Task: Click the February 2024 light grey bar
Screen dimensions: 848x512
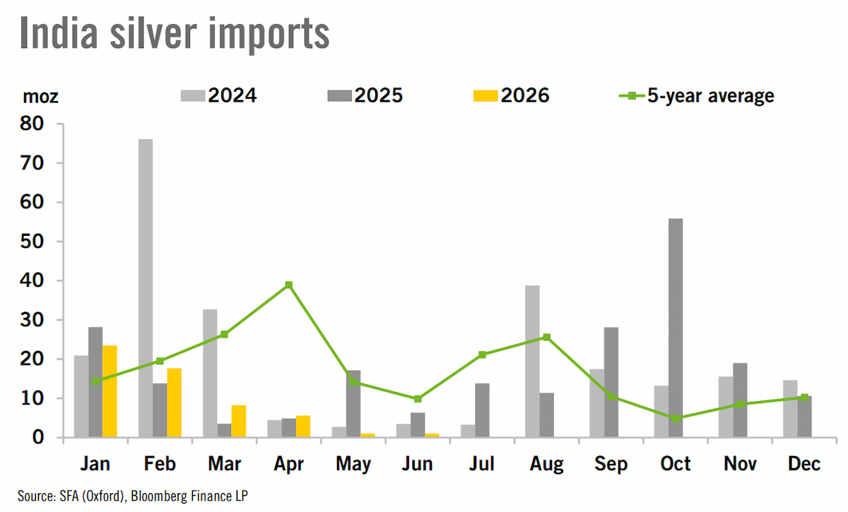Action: point(146,288)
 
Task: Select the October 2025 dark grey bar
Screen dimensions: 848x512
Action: point(676,328)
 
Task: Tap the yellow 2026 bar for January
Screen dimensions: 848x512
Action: point(110,391)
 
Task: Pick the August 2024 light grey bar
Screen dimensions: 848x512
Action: point(532,362)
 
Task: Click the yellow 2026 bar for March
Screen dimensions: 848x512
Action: point(239,421)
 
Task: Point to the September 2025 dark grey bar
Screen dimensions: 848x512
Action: point(611,382)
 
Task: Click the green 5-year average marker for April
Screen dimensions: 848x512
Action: point(289,285)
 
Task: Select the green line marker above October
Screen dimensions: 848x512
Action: point(676,418)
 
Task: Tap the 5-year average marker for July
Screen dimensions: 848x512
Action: point(482,355)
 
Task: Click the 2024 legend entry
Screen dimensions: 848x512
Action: point(219,95)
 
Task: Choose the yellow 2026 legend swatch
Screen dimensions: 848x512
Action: point(485,96)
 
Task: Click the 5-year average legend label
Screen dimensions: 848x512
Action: point(711,96)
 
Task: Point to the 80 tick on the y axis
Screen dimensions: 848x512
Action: point(32,124)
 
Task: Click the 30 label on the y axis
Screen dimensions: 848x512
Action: point(32,320)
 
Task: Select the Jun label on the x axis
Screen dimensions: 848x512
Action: point(418,464)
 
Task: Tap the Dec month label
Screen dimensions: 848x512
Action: point(804,464)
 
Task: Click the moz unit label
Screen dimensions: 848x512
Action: point(40,97)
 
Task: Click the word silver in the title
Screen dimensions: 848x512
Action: point(153,33)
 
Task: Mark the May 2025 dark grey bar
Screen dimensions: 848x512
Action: point(353,404)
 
